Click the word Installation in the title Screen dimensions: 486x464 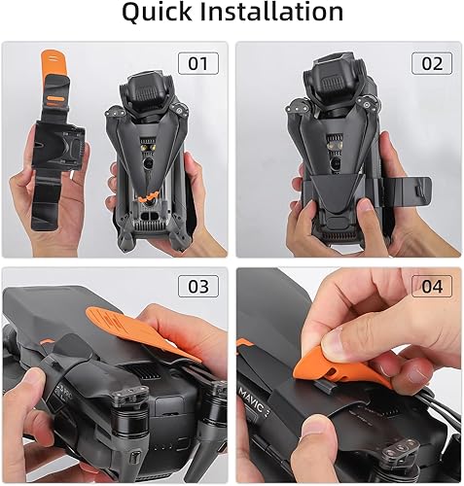point(274,14)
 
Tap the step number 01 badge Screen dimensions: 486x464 point(197,65)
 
